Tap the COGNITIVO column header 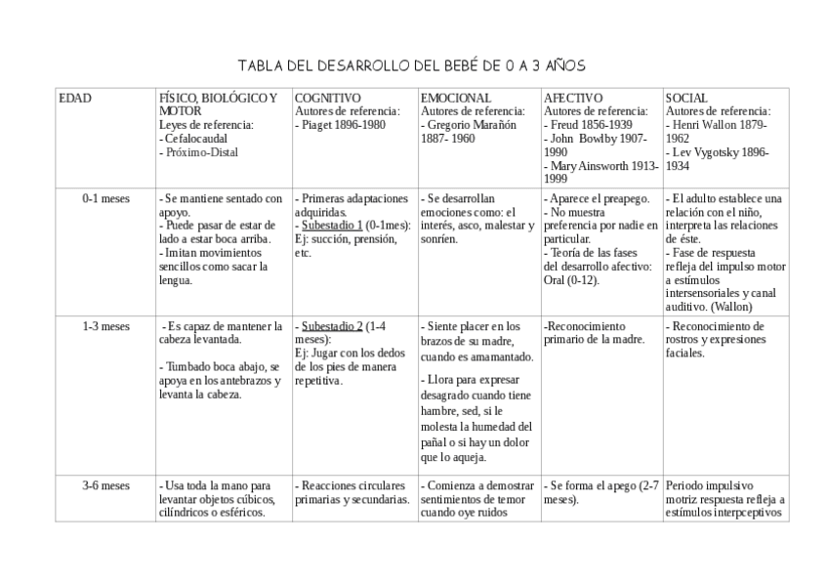(328, 99)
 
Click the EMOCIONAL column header (456, 99)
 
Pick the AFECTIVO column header (573, 99)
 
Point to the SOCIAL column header (686, 99)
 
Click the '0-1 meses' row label (105, 198)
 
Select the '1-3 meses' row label (105, 326)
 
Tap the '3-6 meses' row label (105, 485)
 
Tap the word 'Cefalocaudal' (200, 139)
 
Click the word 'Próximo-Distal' (202, 152)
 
